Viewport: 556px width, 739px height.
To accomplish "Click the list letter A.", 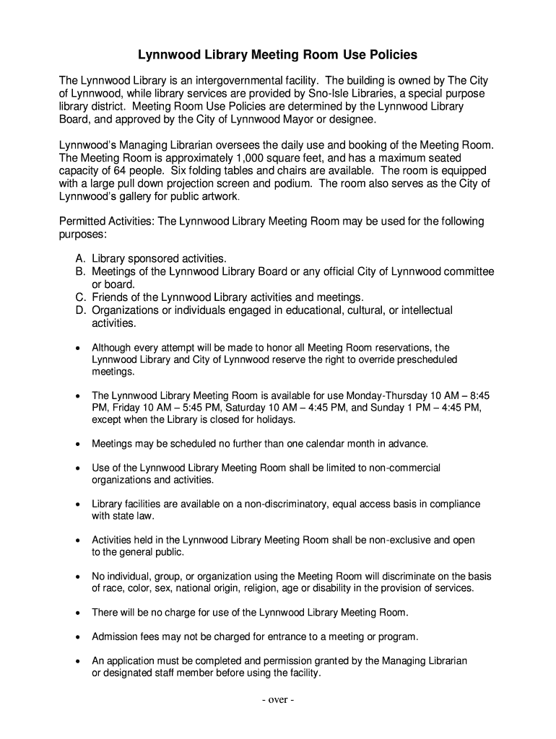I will [x=79, y=258].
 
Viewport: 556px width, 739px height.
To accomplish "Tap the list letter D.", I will [x=79, y=310].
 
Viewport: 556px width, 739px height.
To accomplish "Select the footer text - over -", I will [x=278, y=700].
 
